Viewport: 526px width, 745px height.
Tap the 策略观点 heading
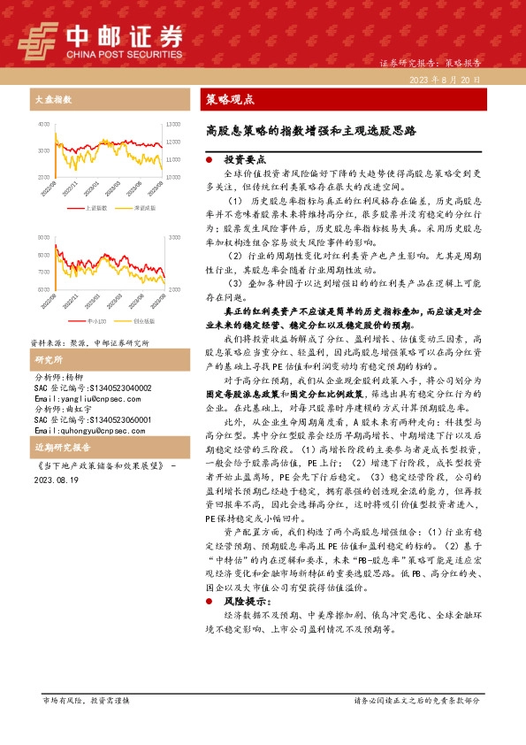click(230, 99)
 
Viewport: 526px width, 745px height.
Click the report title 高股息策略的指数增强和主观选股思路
click(310, 130)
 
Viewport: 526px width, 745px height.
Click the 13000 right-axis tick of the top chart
click(173, 126)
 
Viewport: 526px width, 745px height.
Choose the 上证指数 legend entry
click(95, 207)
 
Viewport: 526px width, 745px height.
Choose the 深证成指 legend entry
click(144, 207)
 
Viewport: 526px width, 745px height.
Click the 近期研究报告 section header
click(59, 448)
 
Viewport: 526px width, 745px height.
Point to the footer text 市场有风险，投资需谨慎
click(86, 700)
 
